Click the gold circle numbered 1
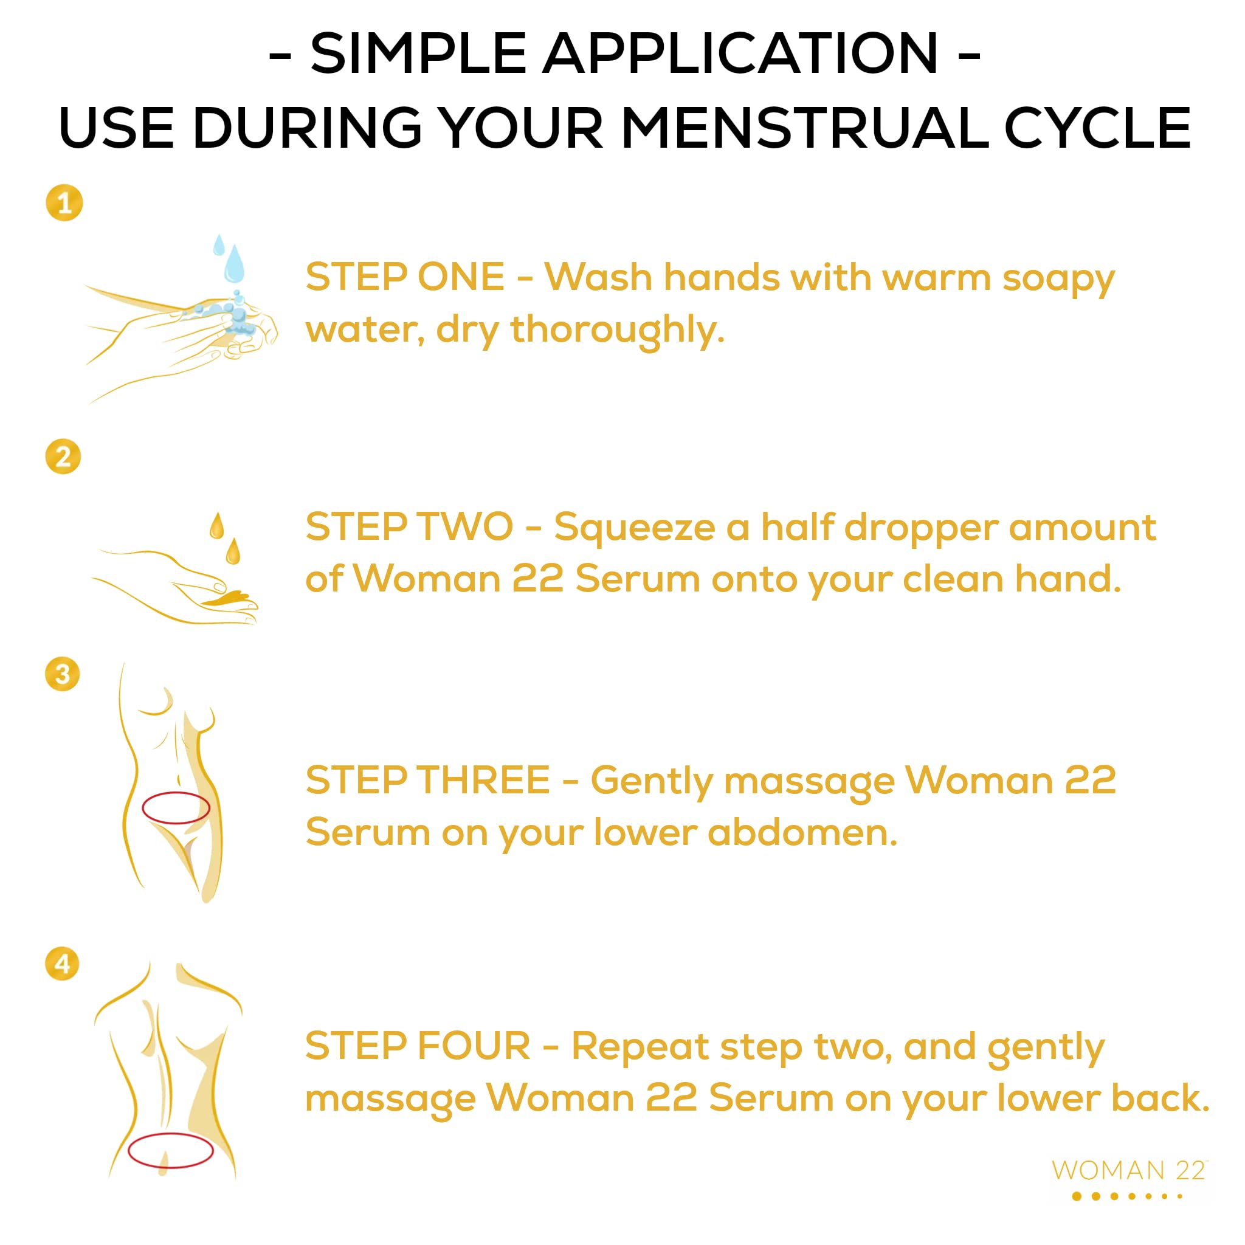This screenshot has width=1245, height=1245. [x=64, y=203]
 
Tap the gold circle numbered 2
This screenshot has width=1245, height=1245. [x=63, y=457]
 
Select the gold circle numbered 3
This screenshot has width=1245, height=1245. [x=63, y=674]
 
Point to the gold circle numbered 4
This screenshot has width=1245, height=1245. [x=63, y=964]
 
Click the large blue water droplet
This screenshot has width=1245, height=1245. [x=234, y=266]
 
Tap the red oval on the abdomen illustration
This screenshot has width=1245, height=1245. [x=176, y=808]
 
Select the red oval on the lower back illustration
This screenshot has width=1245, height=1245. [x=171, y=1150]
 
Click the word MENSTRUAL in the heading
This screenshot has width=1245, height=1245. [x=804, y=128]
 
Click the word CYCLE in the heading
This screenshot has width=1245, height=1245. [x=1097, y=128]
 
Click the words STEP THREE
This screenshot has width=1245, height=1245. [x=428, y=781]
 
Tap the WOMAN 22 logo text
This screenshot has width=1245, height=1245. [x=1128, y=1170]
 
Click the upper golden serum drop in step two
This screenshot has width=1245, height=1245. [x=217, y=526]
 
